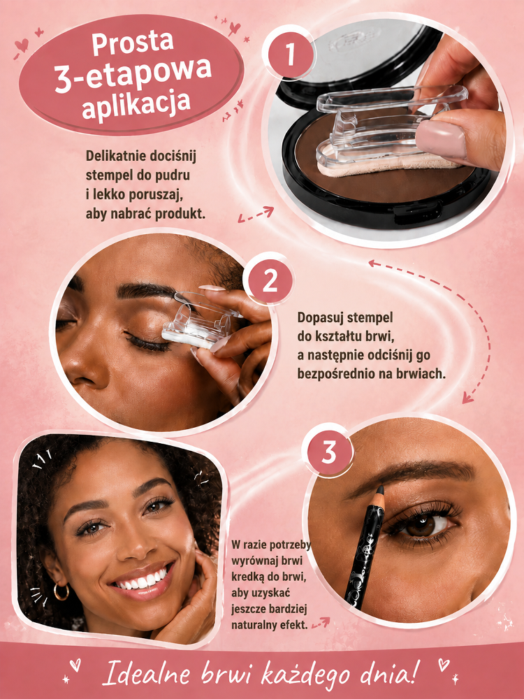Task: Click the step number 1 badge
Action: tap(290, 54)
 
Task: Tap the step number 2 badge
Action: tap(269, 282)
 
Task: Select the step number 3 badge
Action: tap(328, 452)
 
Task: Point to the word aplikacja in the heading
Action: tap(136, 106)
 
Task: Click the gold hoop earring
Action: tap(61, 591)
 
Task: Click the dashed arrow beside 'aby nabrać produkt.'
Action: tap(255, 214)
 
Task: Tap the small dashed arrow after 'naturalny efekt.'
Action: tap(321, 623)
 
